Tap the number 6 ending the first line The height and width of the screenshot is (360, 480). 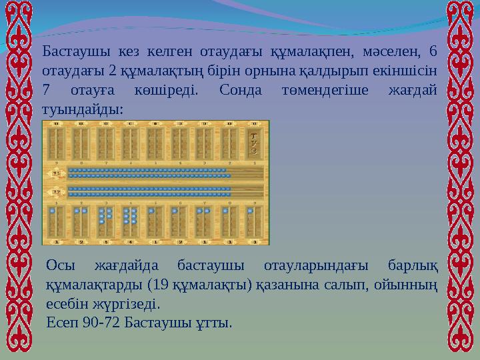[433, 52]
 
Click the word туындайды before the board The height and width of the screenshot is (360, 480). [82, 107]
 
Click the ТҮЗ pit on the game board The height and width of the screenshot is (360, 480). [253, 141]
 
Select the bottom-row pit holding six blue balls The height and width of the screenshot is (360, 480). [130, 217]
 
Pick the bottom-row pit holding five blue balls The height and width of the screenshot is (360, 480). [105, 217]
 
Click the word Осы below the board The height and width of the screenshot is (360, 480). [61, 268]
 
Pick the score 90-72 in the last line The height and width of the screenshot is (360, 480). [101, 324]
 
